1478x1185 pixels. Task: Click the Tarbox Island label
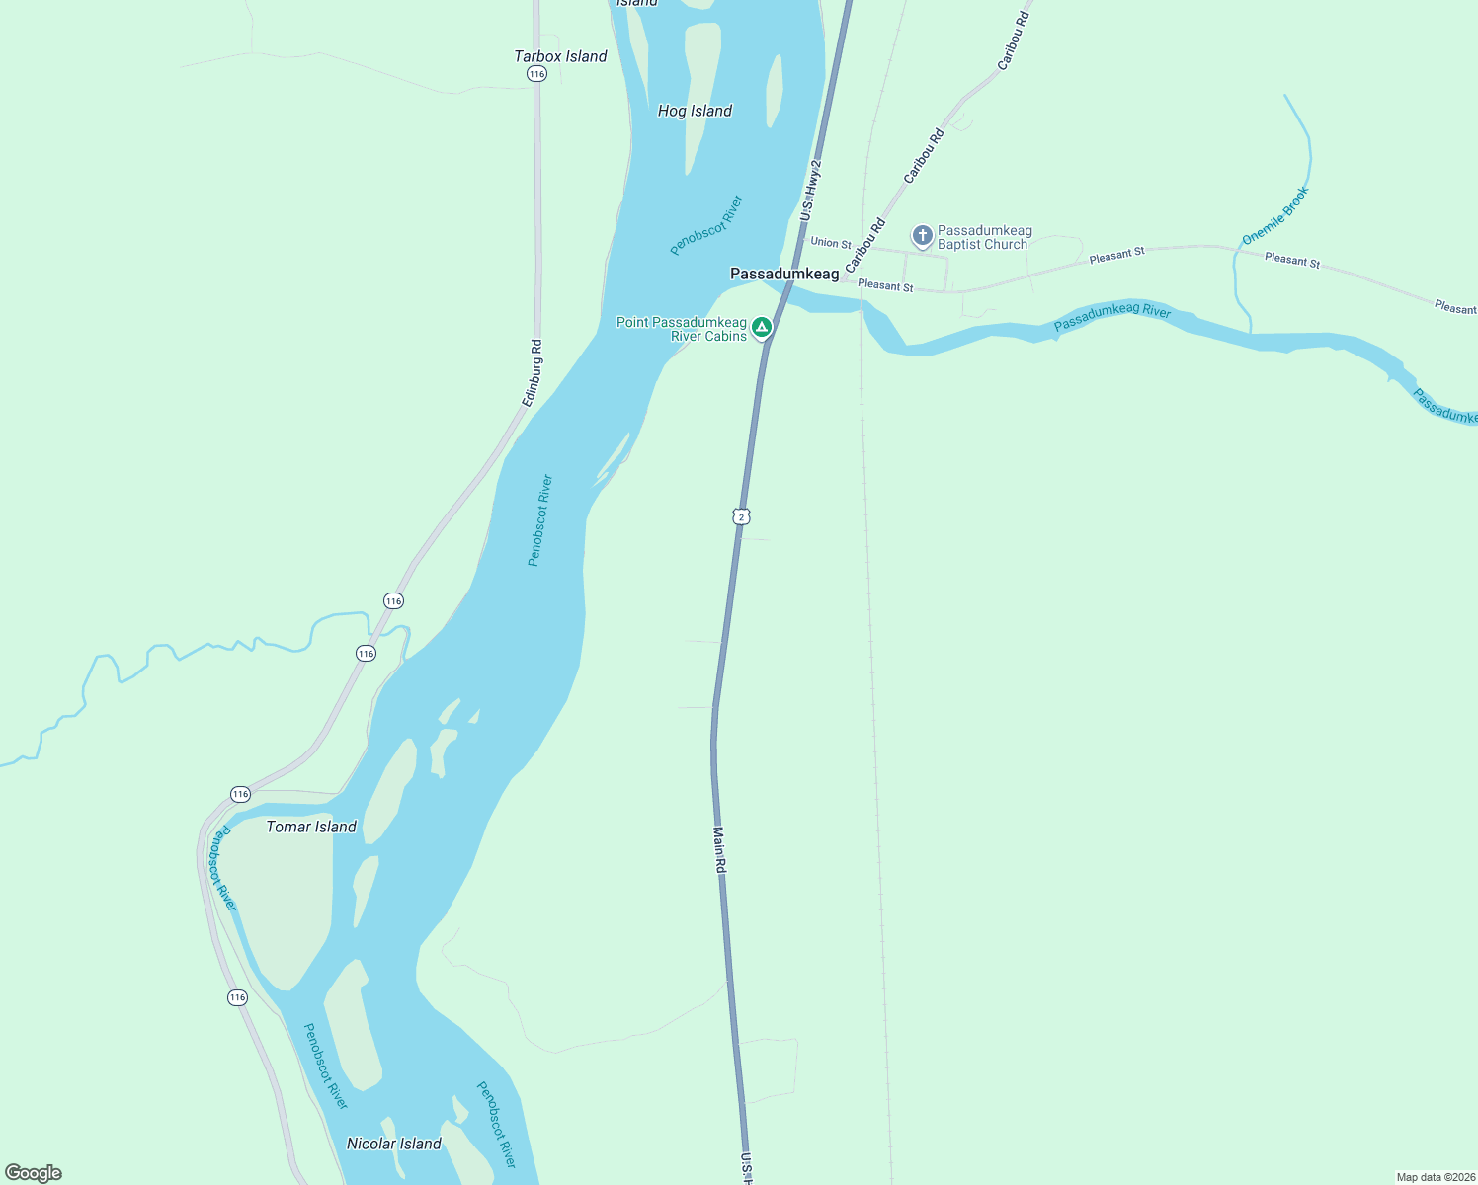(560, 56)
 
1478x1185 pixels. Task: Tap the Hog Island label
(695, 111)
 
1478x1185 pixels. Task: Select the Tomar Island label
(311, 827)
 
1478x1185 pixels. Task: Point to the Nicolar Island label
(393, 1144)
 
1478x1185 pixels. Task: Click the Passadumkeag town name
(784, 274)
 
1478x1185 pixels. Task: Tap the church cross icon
(922, 236)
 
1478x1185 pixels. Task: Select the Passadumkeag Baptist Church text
(984, 237)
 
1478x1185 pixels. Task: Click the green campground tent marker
(762, 327)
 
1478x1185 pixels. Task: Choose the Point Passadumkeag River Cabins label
(682, 329)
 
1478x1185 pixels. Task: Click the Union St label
(830, 243)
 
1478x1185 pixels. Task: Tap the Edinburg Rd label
(534, 373)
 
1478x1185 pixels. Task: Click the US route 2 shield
(741, 516)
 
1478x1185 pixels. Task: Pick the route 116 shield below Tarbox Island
(536, 74)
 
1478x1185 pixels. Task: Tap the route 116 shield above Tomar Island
(240, 794)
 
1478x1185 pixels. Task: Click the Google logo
(34, 1173)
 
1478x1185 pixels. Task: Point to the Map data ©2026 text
(1436, 1177)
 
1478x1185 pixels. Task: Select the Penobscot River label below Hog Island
(705, 226)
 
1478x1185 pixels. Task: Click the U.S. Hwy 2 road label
(811, 191)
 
